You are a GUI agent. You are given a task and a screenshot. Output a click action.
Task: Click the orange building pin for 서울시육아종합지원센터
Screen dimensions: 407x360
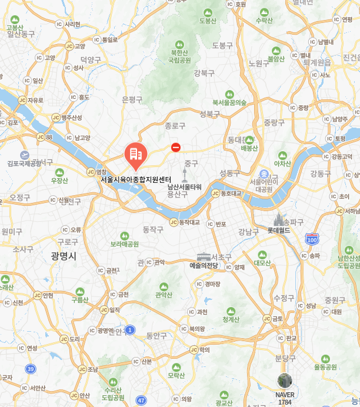pyautogui.click(x=136, y=155)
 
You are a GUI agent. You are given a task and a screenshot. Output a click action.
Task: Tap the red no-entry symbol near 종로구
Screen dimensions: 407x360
pyautogui.click(x=176, y=148)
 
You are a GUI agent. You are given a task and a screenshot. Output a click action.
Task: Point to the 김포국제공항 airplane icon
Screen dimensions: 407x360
pyautogui.click(x=25, y=155)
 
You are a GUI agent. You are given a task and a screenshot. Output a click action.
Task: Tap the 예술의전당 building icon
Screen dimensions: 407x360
pyautogui.click(x=204, y=256)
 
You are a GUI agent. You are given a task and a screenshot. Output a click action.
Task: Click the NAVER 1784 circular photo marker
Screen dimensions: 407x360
pyautogui.click(x=285, y=381)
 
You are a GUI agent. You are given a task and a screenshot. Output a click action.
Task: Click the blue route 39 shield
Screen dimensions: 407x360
pyautogui.click(x=30, y=368)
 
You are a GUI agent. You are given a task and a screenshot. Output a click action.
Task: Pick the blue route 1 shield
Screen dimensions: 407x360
pyautogui.click(x=130, y=329)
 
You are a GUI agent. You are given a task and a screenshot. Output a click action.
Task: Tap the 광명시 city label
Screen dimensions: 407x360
pyautogui.click(x=64, y=255)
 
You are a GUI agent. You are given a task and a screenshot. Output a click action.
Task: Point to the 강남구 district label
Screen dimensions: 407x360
pyautogui.click(x=248, y=231)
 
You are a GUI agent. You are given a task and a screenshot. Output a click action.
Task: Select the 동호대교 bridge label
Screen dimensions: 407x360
pyautogui.click(x=231, y=193)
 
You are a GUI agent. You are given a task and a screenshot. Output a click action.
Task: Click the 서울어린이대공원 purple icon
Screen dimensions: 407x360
pyautogui.click(x=265, y=175)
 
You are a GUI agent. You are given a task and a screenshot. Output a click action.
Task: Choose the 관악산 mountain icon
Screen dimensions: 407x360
pyautogui.click(x=164, y=286)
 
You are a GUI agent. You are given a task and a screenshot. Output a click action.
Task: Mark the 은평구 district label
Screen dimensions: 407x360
pyautogui.click(x=132, y=99)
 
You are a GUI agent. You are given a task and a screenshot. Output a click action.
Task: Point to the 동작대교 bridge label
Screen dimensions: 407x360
pyautogui.click(x=189, y=222)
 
